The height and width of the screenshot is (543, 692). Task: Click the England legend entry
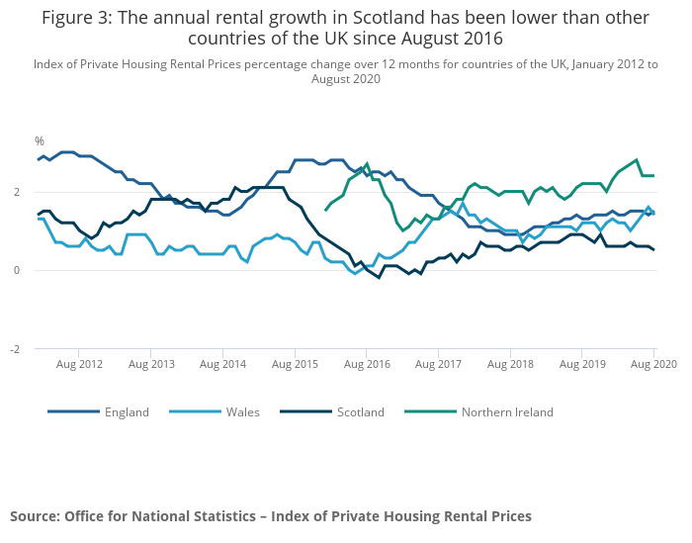[127, 412]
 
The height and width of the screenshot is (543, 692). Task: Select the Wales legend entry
[241, 412]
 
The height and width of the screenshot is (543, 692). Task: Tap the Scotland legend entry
[361, 412]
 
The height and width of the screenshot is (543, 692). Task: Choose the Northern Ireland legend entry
[507, 412]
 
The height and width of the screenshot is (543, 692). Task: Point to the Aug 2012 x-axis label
[79, 365]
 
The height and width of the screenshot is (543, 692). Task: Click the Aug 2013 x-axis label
[151, 365]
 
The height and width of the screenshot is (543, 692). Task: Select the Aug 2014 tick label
[223, 365]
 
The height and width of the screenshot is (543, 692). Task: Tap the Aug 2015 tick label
[295, 365]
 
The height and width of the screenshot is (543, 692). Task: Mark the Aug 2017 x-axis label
[439, 365]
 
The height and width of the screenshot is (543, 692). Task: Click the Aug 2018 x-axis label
[510, 365]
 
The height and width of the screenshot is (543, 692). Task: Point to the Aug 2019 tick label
[582, 365]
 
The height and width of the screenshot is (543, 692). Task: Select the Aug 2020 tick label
[654, 365]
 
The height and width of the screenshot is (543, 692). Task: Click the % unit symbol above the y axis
[40, 141]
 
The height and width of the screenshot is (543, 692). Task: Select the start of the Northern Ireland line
[325, 210]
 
